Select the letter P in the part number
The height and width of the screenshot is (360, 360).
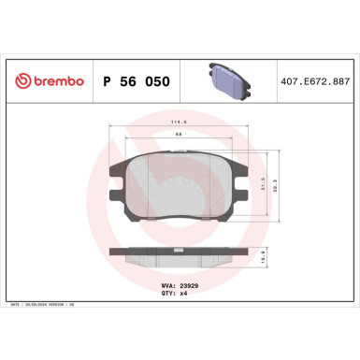click(x=106, y=82)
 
